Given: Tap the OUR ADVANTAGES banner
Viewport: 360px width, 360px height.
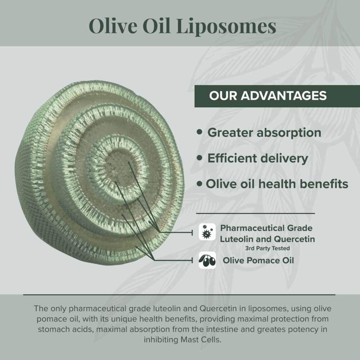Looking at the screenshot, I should (x=267, y=96).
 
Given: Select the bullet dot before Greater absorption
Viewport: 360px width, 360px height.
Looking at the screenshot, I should (x=200, y=132).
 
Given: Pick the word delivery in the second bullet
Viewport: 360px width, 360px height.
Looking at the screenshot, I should (x=288, y=158).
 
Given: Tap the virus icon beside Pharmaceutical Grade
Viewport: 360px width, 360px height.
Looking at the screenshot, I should (x=207, y=232).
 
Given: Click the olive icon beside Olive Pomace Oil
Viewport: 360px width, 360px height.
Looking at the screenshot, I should (x=207, y=260).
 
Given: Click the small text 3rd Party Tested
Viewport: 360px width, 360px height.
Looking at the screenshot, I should (x=267, y=248).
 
